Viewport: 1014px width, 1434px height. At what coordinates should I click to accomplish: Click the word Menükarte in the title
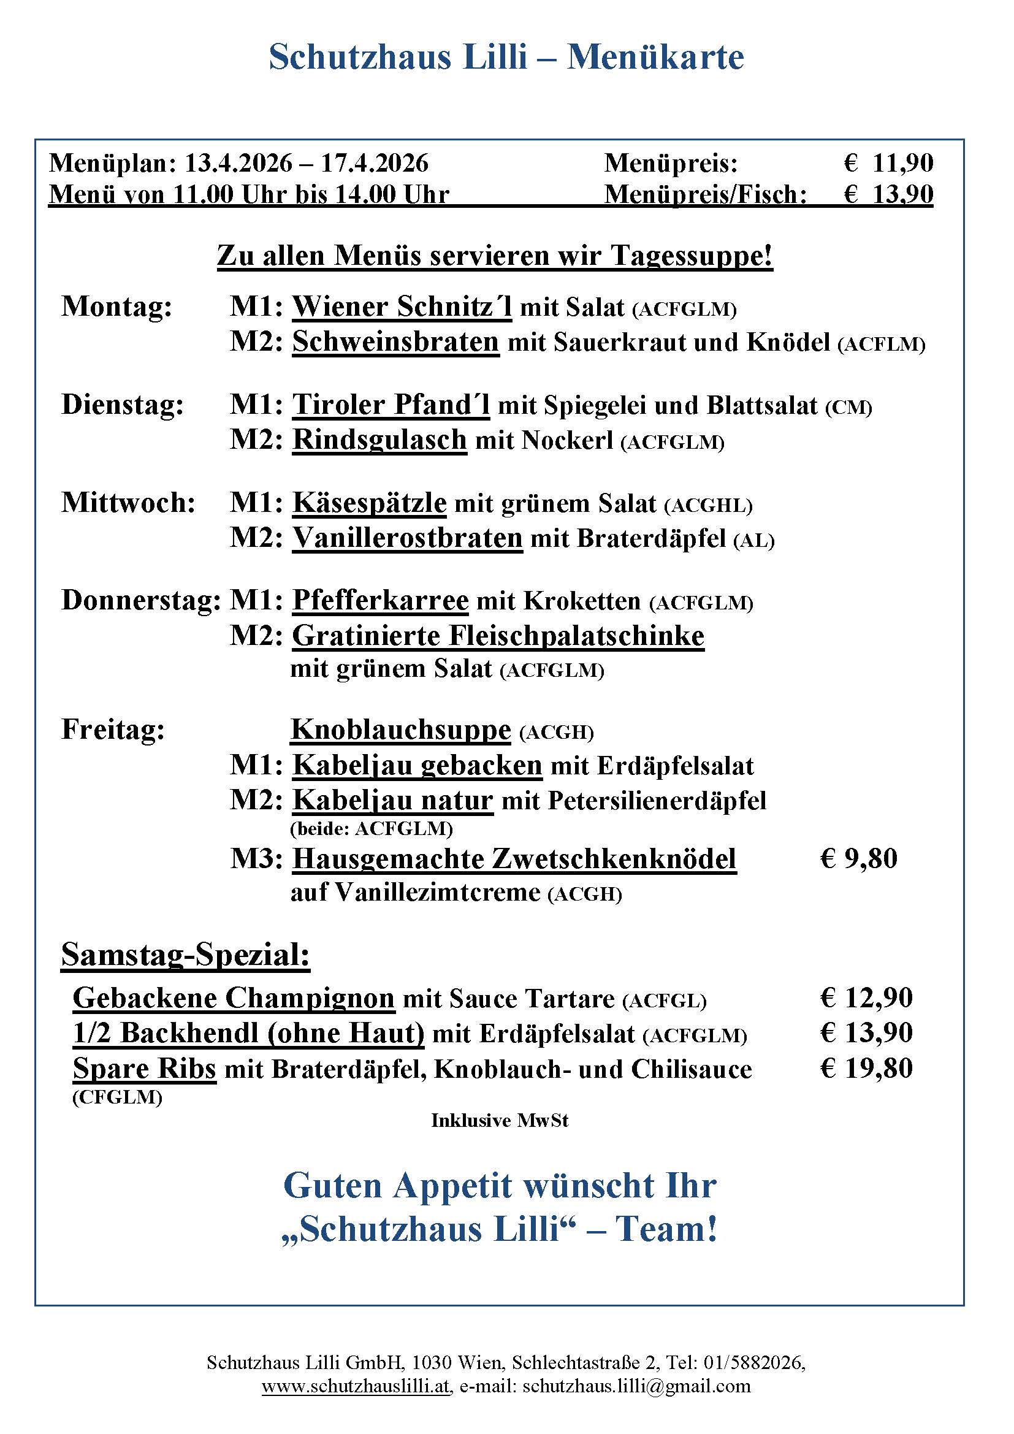tap(655, 58)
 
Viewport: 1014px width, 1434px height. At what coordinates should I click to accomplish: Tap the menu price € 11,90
tap(888, 164)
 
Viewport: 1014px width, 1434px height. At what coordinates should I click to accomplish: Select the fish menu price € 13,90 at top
tap(888, 195)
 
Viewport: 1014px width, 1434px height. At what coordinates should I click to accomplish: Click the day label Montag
tap(116, 307)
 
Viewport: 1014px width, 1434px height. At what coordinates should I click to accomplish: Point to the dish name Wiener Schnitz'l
tap(402, 307)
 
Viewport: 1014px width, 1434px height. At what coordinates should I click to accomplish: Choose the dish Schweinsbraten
tap(396, 342)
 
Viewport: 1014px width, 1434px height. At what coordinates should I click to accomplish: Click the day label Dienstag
tap(123, 405)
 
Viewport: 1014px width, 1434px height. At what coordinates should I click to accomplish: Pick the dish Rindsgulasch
tap(379, 440)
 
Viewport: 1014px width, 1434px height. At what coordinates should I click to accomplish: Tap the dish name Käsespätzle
tap(370, 503)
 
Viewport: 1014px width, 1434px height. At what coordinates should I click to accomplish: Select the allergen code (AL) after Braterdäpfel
tap(753, 541)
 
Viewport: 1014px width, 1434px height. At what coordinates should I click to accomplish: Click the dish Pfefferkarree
tap(380, 601)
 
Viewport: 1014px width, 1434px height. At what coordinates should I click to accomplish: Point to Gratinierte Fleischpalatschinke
tap(498, 636)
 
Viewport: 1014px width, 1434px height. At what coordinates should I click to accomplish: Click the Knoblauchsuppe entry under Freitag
tap(401, 730)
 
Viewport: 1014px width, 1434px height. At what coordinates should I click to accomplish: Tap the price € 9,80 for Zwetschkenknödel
tap(858, 859)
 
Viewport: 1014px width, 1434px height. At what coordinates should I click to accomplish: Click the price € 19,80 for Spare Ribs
tap(866, 1069)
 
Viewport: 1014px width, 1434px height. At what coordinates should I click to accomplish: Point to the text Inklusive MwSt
tap(500, 1121)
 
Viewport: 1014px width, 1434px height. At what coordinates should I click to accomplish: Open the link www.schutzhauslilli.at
tap(356, 1386)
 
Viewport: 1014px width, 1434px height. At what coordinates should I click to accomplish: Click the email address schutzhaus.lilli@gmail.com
tap(636, 1386)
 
